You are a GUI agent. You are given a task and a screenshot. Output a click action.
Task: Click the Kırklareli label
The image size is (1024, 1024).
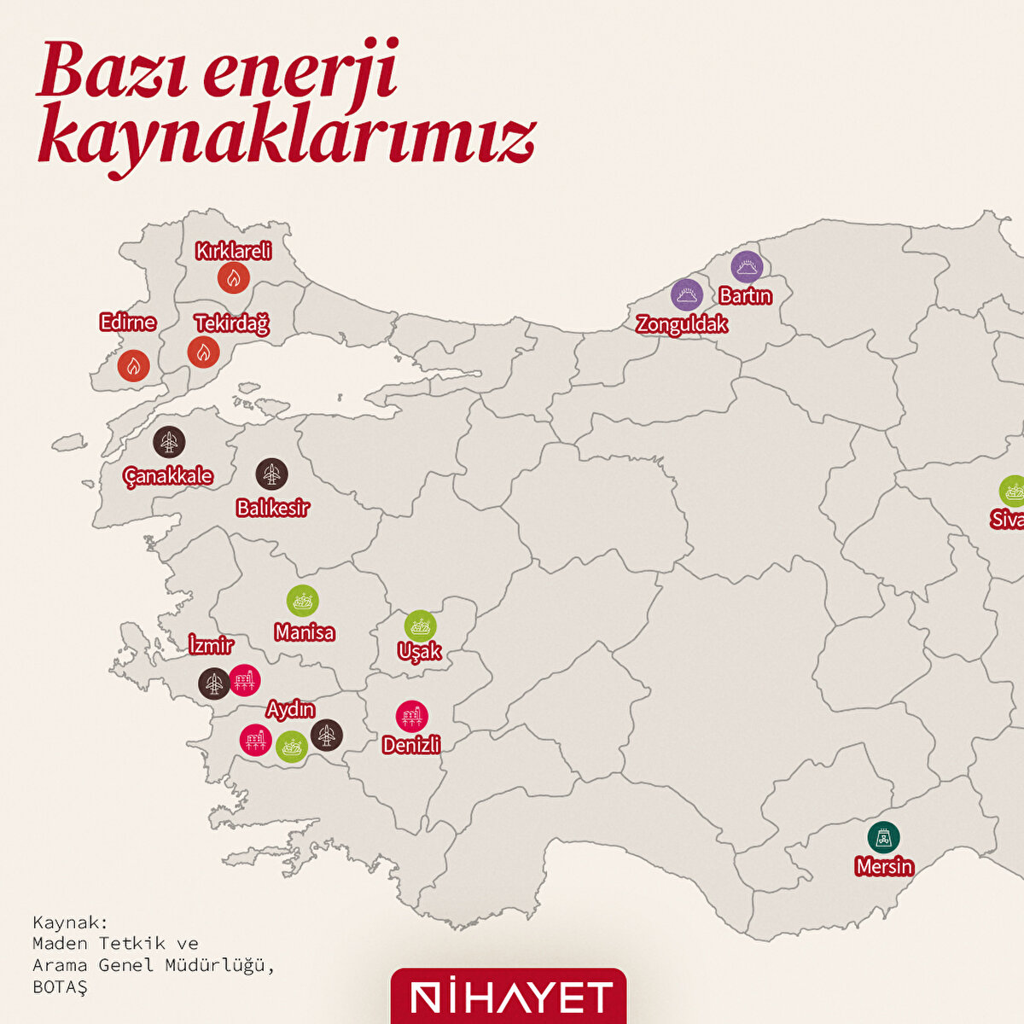click(233, 251)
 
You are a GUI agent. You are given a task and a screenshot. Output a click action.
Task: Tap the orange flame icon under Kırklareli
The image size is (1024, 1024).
click(233, 277)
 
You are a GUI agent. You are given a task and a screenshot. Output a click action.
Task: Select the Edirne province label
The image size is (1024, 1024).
click(128, 323)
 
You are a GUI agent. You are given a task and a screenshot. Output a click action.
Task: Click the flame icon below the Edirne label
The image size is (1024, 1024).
click(133, 366)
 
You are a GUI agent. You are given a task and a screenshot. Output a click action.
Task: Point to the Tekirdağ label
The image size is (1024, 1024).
click(231, 324)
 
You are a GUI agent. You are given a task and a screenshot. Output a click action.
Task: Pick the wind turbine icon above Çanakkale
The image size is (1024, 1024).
click(169, 442)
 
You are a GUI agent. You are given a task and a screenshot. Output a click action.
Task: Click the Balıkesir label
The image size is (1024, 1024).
click(272, 509)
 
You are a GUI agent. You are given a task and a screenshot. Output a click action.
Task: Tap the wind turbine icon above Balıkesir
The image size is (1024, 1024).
click(271, 474)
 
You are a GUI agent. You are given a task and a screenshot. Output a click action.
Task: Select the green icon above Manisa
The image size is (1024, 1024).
click(302, 601)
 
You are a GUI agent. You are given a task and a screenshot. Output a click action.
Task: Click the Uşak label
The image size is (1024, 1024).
click(420, 651)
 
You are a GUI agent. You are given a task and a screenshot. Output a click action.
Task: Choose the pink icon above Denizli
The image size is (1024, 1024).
click(412, 717)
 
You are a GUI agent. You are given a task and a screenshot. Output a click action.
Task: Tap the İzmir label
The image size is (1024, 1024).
click(210, 644)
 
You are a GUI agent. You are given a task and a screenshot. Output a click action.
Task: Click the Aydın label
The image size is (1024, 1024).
click(290, 709)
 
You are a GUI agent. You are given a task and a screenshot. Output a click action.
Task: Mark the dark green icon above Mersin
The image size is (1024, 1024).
click(883, 837)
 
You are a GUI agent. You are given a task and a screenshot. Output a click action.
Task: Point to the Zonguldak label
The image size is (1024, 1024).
click(682, 324)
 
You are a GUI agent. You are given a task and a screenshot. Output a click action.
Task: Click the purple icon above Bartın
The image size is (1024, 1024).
click(748, 267)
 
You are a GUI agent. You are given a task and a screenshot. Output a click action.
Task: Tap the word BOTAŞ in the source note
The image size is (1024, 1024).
click(60, 986)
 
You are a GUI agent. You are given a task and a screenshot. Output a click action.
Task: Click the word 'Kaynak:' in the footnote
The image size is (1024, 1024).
click(71, 922)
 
